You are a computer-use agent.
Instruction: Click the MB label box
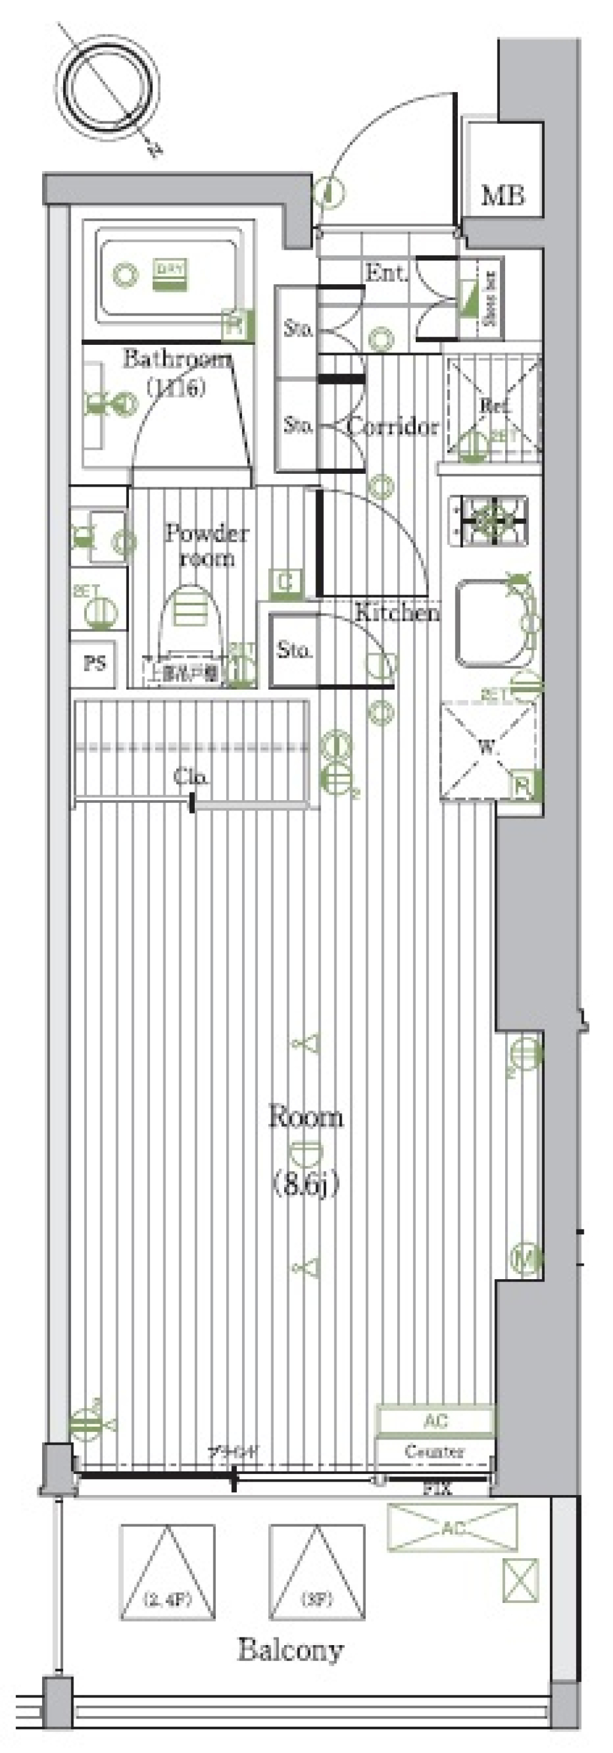[503, 195]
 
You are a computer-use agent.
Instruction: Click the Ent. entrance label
[386, 273]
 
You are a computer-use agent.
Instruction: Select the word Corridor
[393, 427]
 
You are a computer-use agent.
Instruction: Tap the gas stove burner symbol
[488, 522]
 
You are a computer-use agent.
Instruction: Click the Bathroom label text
[176, 360]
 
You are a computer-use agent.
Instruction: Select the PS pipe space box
[95, 662]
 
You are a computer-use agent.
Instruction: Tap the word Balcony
[291, 1650]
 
